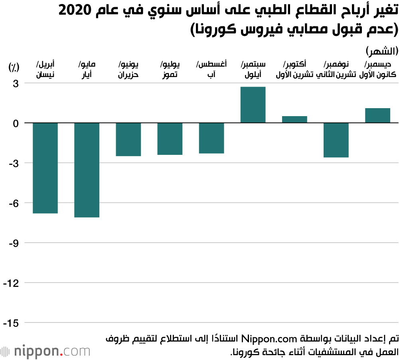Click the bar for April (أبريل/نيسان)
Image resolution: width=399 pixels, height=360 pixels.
[x=45, y=168]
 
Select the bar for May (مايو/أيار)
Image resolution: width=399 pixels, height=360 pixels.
[x=87, y=170]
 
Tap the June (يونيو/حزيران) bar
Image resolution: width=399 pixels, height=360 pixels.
[x=128, y=139]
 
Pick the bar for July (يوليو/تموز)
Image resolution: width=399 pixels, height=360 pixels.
[x=170, y=138]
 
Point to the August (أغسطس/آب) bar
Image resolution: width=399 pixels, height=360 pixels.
[x=211, y=138]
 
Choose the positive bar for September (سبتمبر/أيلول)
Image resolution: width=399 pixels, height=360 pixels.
[x=253, y=105]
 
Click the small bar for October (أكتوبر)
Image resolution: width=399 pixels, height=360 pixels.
[x=294, y=119]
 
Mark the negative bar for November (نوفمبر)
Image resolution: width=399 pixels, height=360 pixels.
[x=336, y=140]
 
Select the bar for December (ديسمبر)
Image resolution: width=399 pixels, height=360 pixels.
[x=377, y=115]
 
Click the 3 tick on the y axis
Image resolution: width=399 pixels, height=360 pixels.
[x=16, y=83]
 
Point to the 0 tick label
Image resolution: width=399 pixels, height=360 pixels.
[x=16, y=123]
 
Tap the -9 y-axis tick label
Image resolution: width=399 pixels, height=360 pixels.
[x=14, y=243]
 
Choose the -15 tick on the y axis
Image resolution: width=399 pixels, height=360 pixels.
[x=12, y=323]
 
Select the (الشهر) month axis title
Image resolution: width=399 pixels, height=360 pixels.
[x=381, y=51]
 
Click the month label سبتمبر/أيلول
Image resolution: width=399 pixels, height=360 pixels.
[x=254, y=69]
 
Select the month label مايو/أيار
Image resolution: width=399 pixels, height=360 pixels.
[x=87, y=69]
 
